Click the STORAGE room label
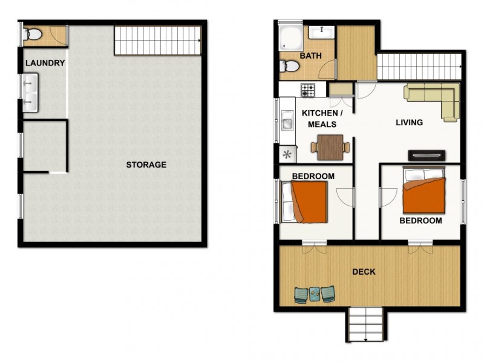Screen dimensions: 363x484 146,165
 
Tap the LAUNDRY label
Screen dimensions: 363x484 45,63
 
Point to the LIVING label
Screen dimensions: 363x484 409,123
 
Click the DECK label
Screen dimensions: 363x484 364,272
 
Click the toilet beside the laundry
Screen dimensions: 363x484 34,35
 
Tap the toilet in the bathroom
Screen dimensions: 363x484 290,66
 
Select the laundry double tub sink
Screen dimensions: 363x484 30,93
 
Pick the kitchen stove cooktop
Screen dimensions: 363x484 308,90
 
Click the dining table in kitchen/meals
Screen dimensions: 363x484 330,147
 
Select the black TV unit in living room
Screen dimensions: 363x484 427,155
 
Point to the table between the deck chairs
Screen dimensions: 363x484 315,294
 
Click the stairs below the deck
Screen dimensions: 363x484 366,324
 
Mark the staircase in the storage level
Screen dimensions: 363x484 158,41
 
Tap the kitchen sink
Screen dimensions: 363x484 287,123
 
